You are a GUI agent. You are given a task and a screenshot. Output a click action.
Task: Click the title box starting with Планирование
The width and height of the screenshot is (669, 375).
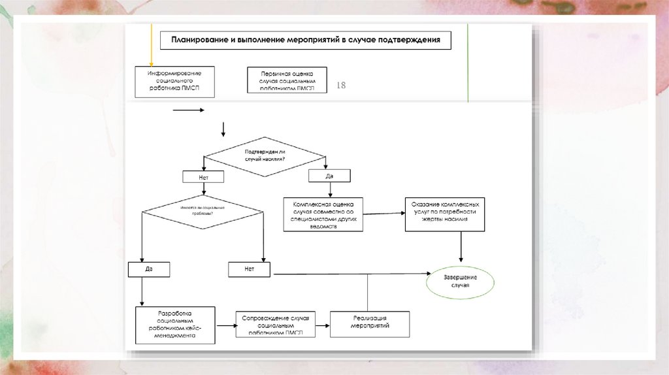[306, 40]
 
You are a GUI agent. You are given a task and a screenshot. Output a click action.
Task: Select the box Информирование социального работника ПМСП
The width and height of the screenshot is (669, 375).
[174, 81]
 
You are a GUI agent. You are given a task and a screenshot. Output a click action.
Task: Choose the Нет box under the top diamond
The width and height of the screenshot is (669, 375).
[204, 176]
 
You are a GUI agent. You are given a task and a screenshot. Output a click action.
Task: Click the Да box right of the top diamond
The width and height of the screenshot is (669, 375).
[329, 176]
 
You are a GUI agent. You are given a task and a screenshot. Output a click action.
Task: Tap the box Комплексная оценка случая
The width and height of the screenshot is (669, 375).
[323, 214]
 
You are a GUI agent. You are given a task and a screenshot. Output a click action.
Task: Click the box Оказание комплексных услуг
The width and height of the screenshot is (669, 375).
[446, 213]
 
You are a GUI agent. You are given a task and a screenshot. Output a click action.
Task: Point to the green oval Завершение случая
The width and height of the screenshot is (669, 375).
[461, 282]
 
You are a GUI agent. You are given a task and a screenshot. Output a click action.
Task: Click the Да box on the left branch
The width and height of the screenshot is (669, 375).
[149, 269]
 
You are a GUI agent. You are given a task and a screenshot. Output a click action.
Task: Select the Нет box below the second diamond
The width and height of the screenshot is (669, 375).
[250, 269]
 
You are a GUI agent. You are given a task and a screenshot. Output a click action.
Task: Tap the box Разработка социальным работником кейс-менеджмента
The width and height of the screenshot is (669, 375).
[175, 325]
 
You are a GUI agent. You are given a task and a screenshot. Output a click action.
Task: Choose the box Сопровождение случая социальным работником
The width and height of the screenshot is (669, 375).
[275, 324]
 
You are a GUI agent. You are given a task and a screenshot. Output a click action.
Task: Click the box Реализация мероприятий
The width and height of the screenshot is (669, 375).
[370, 323]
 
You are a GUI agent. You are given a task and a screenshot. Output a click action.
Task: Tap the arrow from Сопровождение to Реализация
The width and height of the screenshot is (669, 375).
[323, 324]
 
